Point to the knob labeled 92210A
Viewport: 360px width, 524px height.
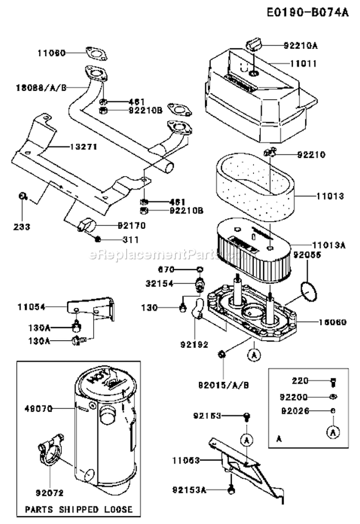pyautogui.click(x=253, y=45)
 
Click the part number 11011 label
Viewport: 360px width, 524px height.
pyautogui.click(x=303, y=63)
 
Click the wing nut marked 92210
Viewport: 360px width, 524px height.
pyautogui.click(x=270, y=153)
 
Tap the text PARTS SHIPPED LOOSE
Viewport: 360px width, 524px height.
pyautogui.click(x=79, y=509)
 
